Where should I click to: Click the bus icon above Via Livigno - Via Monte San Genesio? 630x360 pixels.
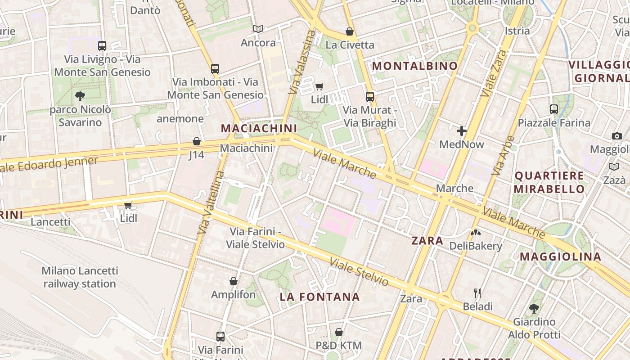point(102,45)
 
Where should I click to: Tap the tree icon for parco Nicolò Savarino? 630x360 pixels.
point(80,96)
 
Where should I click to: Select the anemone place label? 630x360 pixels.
point(180,119)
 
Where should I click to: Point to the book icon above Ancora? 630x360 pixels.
point(258,29)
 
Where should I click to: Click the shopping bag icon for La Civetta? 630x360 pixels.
point(349,31)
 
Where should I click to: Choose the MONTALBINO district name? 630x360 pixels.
point(415,66)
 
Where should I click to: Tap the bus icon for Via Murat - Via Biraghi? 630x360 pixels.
point(370,96)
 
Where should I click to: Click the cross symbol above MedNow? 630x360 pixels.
point(461,131)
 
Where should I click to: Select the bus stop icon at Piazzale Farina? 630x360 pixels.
point(554,109)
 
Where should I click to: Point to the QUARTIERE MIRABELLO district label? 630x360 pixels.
point(549,182)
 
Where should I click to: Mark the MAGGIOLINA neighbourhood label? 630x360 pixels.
point(561,256)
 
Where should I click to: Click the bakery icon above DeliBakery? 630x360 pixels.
point(475,233)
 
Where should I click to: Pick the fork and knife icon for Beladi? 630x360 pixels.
point(477,293)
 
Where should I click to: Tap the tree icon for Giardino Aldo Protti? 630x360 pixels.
point(534,309)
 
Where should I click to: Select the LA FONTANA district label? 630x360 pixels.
point(319,297)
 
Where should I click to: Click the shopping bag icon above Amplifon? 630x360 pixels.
point(234,281)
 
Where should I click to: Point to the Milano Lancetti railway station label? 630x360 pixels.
point(80,277)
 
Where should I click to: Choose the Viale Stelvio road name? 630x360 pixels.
point(359,272)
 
